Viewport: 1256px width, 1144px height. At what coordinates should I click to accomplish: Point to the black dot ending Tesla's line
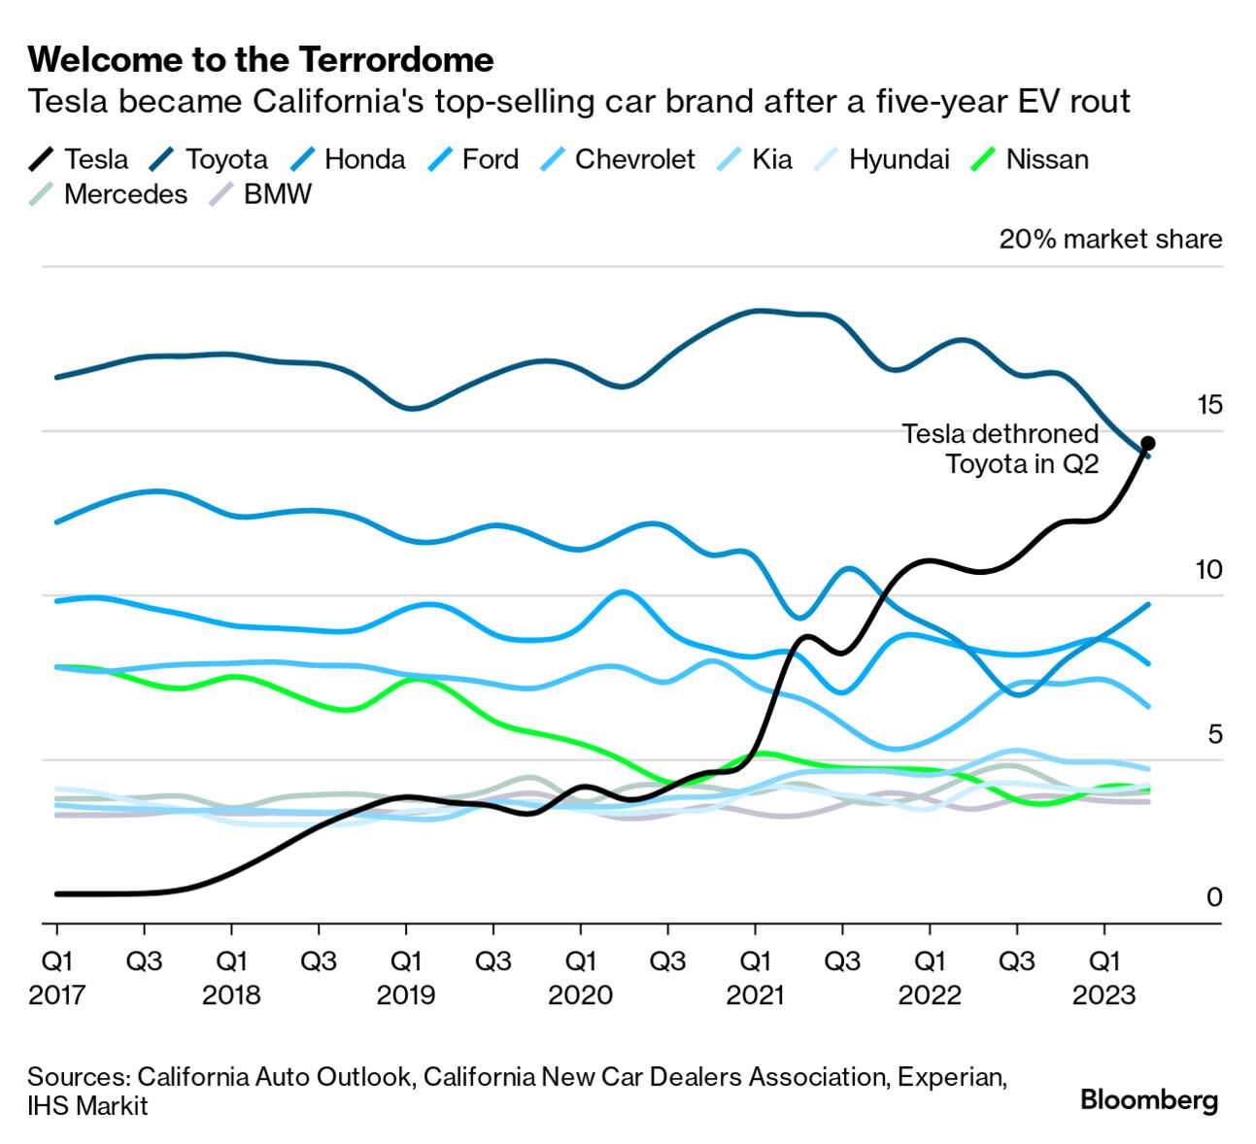coord(1147,443)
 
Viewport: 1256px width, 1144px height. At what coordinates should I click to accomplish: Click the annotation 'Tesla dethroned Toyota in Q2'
coord(1001,449)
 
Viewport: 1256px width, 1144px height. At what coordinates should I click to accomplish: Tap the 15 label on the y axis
coord(1208,405)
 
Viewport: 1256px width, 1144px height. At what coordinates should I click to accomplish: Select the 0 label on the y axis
coord(1213,897)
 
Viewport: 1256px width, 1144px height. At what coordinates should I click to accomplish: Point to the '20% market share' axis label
coord(1110,239)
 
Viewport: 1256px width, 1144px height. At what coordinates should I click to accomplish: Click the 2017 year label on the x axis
coord(56,995)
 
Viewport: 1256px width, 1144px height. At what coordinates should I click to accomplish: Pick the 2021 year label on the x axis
coord(755,995)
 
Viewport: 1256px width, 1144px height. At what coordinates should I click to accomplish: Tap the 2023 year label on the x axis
coord(1103,995)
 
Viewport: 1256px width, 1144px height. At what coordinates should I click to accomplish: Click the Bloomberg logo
coord(1149,1100)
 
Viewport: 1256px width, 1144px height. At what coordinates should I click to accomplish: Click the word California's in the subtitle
coord(338,102)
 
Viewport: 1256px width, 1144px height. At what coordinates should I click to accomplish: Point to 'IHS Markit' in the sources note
coord(87,1106)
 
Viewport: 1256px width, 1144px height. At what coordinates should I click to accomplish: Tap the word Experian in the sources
coord(951,1077)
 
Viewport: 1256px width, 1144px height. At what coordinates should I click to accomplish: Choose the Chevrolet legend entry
coord(634,159)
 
